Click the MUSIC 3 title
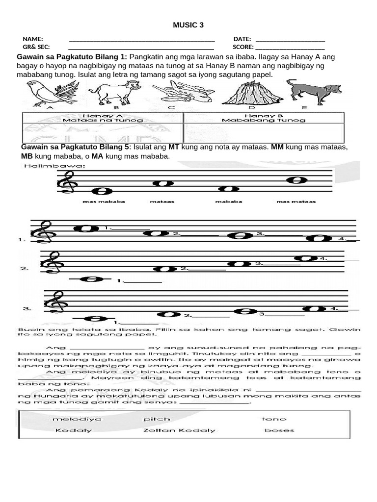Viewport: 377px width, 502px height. pyautogui.click(x=188, y=25)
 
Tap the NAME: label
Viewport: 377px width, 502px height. pyautogui.click(x=33, y=39)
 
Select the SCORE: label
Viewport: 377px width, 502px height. pyautogui.click(x=243, y=48)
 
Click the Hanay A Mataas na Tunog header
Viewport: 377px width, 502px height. pyautogui.click(x=103, y=118)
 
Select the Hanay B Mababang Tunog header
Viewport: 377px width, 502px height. pyautogui.click(x=263, y=118)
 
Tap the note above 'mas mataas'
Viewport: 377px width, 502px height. pyautogui.click(x=296, y=180)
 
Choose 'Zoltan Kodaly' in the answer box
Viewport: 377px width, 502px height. pyautogui.click(x=179, y=430)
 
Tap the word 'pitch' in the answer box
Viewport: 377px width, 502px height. pyautogui.click(x=157, y=419)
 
